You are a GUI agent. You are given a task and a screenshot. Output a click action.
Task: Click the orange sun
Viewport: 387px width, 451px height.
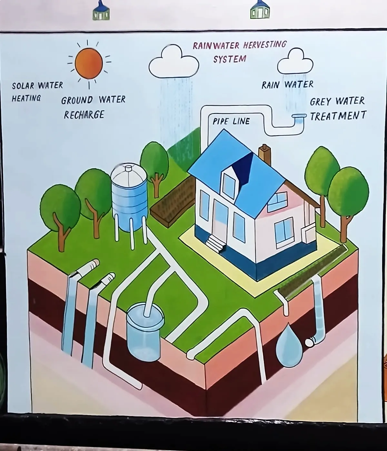pos(89,63)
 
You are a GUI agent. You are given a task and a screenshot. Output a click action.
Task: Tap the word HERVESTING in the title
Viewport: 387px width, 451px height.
pos(264,45)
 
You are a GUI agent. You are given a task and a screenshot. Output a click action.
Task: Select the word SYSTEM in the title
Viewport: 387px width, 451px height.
pos(230,59)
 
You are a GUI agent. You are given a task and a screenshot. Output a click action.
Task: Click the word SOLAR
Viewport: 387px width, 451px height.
pos(23,86)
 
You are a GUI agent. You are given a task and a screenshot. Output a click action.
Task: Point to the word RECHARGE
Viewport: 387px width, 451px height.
pos(84,115)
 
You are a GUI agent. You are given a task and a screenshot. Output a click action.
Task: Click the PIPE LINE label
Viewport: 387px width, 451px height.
pos(231,121)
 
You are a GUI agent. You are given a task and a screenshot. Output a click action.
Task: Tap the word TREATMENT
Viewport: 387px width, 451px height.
pos(338,115)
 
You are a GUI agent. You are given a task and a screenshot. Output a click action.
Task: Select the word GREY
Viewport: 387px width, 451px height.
pos(321,102)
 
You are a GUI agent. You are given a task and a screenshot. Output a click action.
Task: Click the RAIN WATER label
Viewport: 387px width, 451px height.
pos(287,85)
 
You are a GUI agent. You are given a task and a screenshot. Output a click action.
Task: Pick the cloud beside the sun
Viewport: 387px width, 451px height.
pos(174,62)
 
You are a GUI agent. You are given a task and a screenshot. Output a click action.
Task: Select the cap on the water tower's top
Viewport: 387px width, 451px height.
pos(128,168)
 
